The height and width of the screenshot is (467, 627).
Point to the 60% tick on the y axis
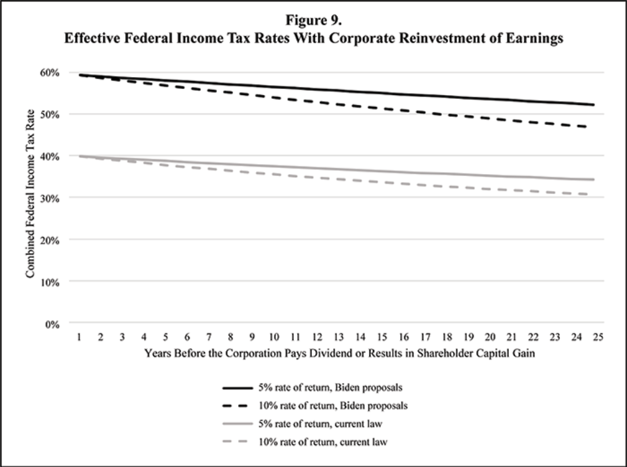tap(51, 72)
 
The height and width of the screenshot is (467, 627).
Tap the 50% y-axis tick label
tap(51, 114)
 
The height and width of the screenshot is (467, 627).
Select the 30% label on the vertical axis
tap(51, 198)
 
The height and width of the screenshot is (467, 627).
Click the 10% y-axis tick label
tap(51, 282)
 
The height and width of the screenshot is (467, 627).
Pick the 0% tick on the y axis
tap(54, 324)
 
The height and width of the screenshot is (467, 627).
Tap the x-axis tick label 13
tap(339, 337)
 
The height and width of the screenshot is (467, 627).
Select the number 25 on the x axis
tap(598, 337)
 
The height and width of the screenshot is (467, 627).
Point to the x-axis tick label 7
tap(209, 337)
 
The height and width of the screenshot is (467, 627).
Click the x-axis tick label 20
tap(490, 337)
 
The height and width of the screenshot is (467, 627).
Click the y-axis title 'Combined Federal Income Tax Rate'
tap(31, 198)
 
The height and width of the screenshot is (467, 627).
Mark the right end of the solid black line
tap(594, 105)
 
